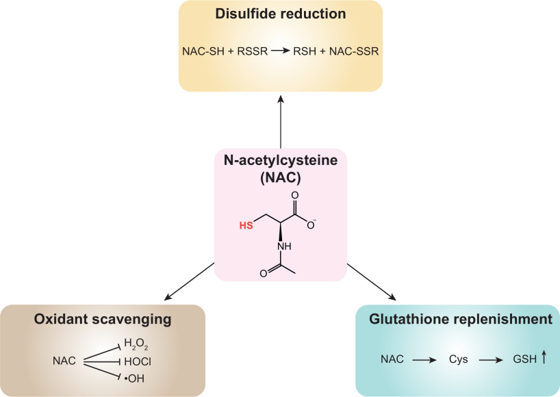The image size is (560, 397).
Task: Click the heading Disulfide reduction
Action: tap(280, 14)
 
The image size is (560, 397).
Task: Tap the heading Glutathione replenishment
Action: tap(460, 319)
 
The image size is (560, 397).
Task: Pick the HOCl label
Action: tap(137, 361)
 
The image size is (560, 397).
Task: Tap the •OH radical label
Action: tap(135, 377)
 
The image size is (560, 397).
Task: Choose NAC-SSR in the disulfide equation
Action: tap(352, 51)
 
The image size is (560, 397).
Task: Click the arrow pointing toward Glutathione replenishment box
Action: tap(371, 281)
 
